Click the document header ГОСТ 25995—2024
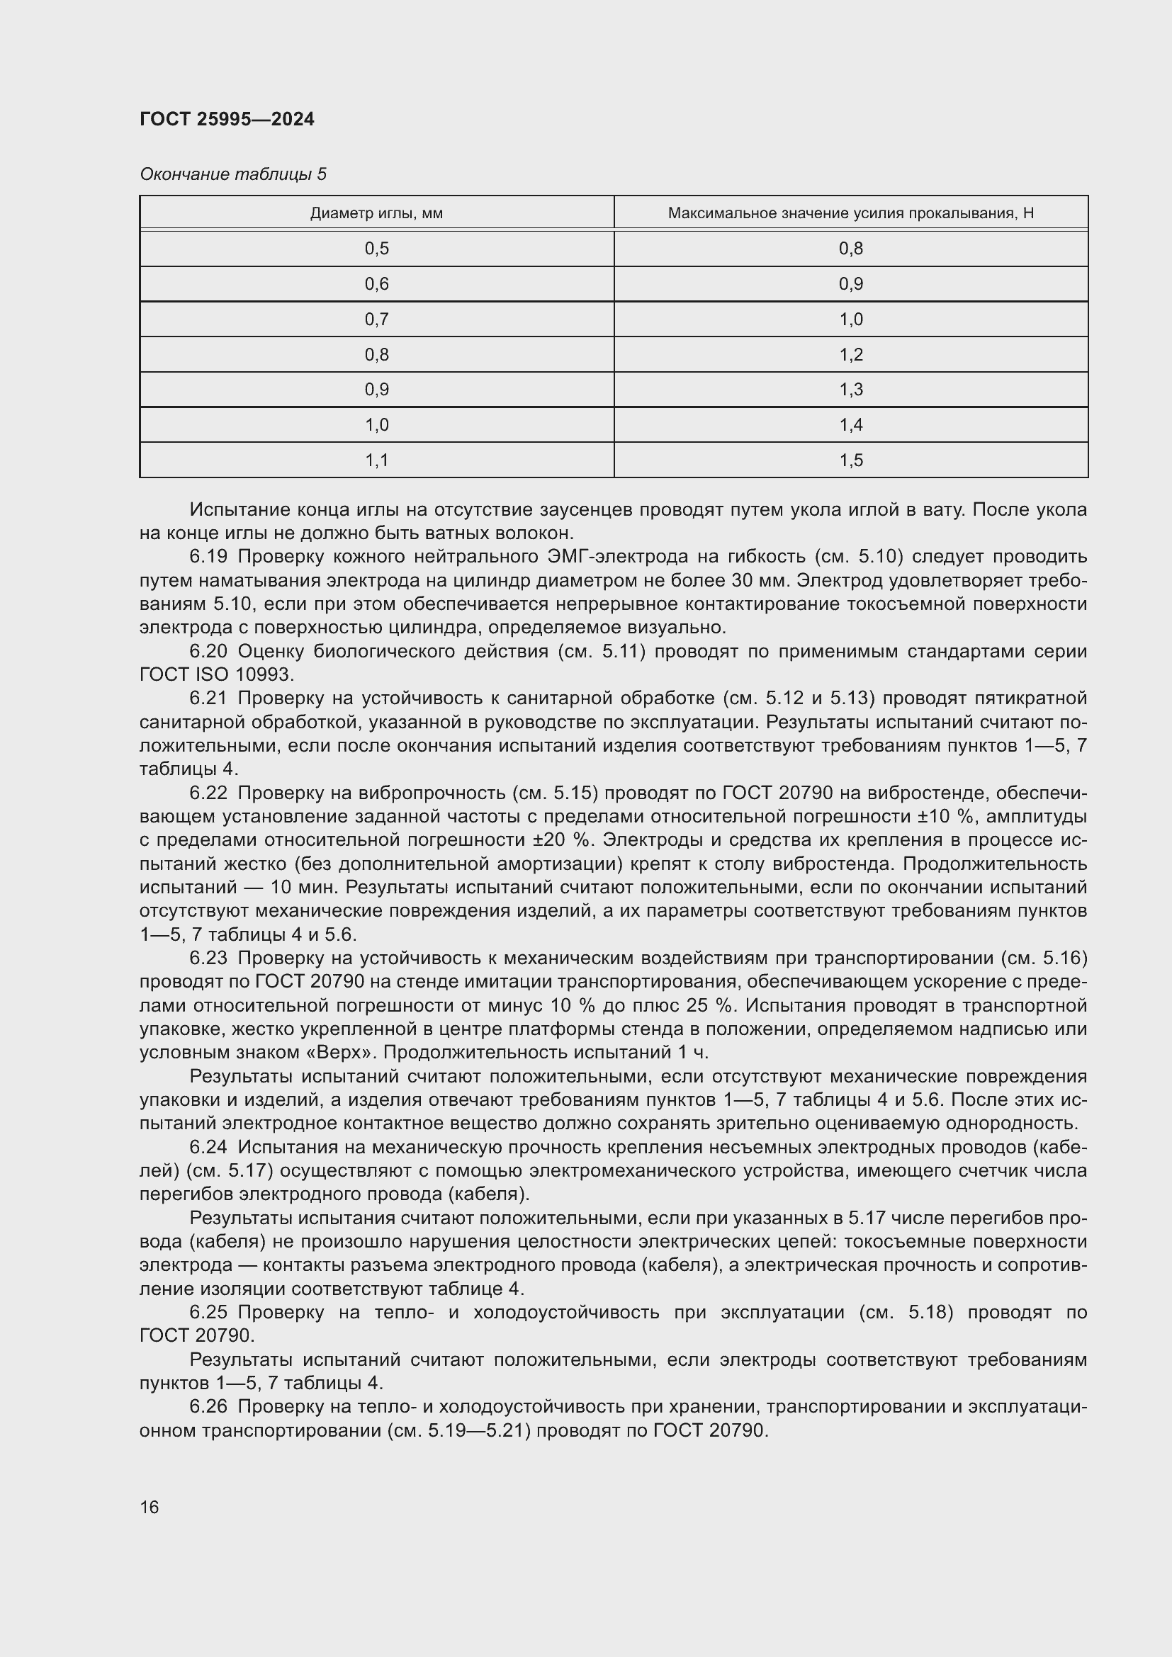click(x=227, y=119)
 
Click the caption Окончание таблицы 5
click(x=232, y=174)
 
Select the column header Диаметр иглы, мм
click(x=376, y=213)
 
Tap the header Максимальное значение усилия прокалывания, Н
click(x=850, y=213)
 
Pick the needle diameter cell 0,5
click(x=376, y=249)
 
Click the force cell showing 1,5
click(x=851, y=460)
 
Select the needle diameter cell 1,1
click(x=376, y=460)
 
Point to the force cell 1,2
click(x=851, y=354)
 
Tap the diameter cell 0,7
click(x=376, y=319)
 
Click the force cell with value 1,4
click(x=851, y=425)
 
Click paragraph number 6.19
click(x=208, y=556)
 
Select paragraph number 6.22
click(x=208, y=793)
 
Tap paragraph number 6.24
click(x=208, y=1147)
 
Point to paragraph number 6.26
click(x=208, y=1407)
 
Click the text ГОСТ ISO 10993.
click(x=217, y=675)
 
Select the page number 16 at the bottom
click(x=150, y=1507)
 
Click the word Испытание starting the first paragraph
click(x=232, y=509)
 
